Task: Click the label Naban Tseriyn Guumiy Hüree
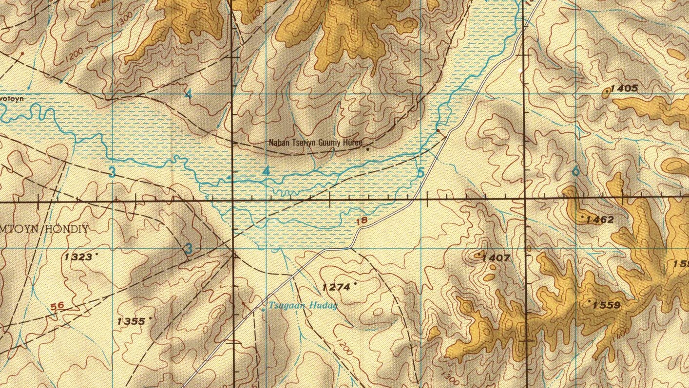point(316,143)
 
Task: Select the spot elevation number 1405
point(624,88)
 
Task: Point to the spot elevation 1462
point(600,220)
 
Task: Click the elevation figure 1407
point(497,258)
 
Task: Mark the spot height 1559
point(607,305)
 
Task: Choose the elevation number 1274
point(337,287)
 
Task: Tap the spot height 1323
point(78,257)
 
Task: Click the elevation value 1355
point(132,321)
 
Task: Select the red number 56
point(57,306)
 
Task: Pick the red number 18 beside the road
point(362,221)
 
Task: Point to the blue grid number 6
point(576,171)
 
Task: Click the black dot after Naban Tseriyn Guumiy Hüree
point(367,149)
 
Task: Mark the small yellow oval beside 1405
point(607,91)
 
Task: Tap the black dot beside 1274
point(356,283)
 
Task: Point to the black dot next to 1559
point(590,302)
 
